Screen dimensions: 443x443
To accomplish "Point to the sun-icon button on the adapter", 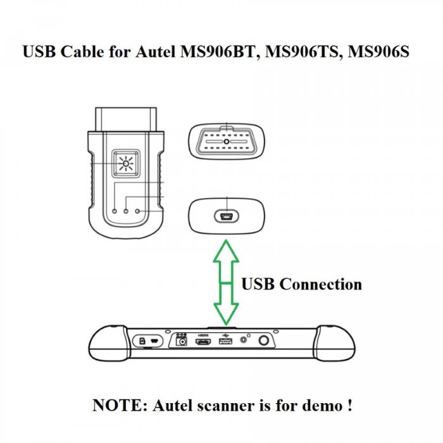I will click(x=127, y=165).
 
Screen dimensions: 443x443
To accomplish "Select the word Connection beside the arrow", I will click(x=320, y=284).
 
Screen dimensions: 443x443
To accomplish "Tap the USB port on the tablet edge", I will click(x=225, y=342).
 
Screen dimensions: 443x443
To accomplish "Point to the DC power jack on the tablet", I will click(x=183, y=342).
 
